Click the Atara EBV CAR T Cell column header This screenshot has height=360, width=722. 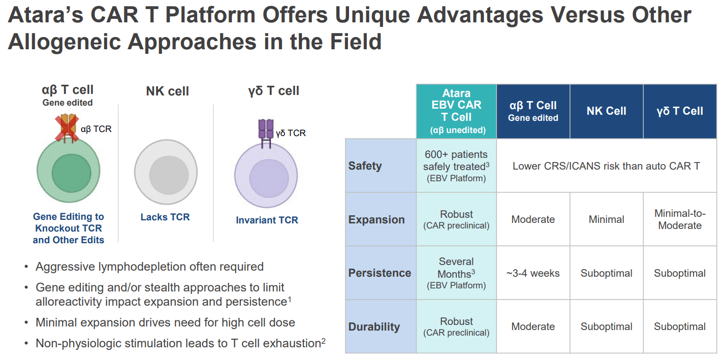pos(456,111)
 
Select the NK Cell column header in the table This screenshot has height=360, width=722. pos(606,111)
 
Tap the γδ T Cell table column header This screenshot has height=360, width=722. pos(680,111)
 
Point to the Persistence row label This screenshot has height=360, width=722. pos(380,273)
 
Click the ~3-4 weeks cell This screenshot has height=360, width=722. pos(533,273)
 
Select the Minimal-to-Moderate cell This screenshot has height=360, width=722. pos(680,219)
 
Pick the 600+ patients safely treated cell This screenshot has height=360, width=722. pos(456,166)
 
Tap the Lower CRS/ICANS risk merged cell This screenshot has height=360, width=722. pos(606,166)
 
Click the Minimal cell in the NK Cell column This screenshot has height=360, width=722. pos(606,219)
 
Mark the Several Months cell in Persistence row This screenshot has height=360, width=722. pos(456,273)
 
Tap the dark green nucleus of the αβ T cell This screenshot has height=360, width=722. pos(71,174)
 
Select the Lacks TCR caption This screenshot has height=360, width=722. pos(165,217)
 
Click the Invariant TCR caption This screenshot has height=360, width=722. pos(267,220)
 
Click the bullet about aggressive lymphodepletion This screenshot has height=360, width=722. pos(149,267)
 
